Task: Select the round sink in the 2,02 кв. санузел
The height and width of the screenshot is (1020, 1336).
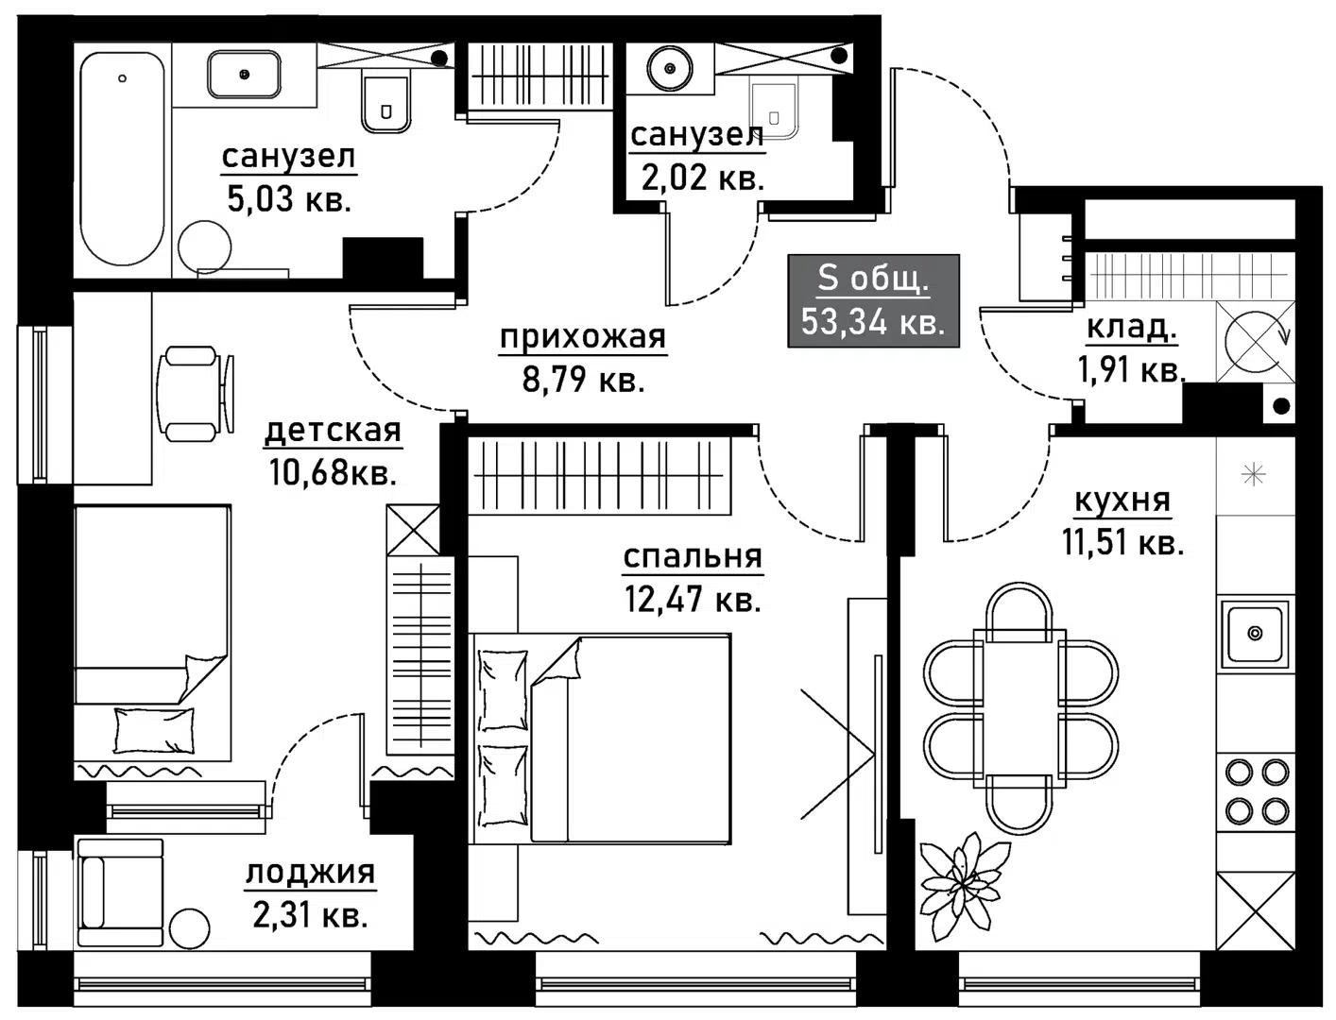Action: (670, 67)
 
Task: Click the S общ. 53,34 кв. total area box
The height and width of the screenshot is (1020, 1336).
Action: (873, 300)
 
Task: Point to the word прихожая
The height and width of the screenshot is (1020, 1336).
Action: (582, 336)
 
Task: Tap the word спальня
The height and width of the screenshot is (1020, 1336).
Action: (693, 556)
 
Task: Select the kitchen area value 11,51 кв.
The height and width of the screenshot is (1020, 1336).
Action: (1122, 543)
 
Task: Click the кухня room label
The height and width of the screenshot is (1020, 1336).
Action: (1122, 501)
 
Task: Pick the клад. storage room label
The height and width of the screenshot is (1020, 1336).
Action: (1131, 327)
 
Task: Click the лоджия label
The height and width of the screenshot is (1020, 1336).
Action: (310, 873)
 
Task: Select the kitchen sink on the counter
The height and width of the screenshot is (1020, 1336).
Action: (1255, 633)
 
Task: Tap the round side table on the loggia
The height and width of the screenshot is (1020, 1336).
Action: (188, 928)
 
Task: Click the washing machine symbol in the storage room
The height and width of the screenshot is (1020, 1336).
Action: (1254, 340)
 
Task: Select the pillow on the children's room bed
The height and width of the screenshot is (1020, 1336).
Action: (153, 730)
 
